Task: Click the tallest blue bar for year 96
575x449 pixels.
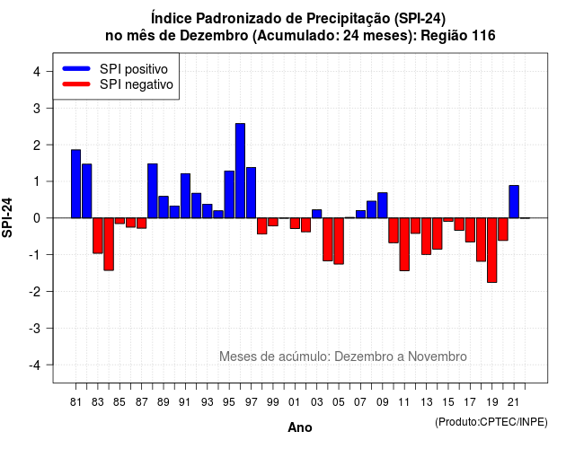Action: coord(240,171)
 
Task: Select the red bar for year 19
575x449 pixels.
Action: coord(492,250)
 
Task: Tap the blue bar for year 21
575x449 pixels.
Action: coord(514,201)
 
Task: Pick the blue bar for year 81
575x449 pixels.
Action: coord(75,183)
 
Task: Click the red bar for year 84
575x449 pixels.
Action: coord(109,244)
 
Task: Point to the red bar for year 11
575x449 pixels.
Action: coord(404,244)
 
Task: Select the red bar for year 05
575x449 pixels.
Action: coord(339,241)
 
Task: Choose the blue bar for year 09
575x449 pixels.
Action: coord(383,206)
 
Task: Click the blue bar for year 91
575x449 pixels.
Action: coord(185,196)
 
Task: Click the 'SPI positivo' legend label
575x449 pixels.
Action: coord(134,69)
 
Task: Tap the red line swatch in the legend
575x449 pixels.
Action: coord(76,84)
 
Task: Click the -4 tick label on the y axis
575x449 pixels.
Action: coord(35,365)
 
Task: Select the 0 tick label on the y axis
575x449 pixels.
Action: coord(37,218)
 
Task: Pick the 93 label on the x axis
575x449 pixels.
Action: coord(208,402)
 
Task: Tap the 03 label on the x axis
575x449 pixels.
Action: coord(316,402)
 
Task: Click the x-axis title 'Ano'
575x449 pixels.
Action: coord(300,427)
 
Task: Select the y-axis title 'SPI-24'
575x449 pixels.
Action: coord(7,217)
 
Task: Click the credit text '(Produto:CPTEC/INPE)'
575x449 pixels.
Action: coord(491,422)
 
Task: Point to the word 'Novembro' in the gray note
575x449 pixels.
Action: coord(438,357)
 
